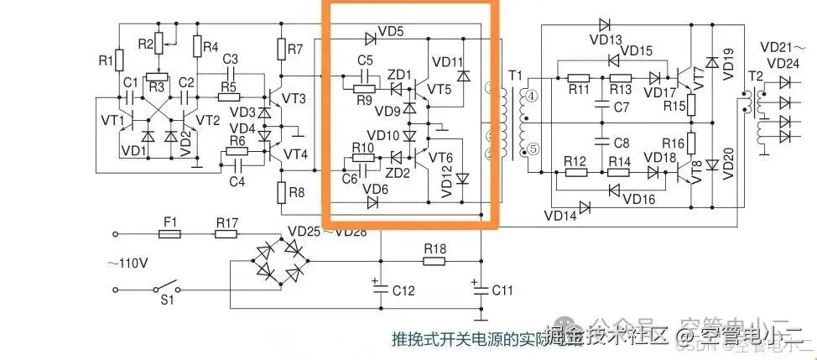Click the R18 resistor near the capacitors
pos(434,261)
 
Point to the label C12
pos(403,290)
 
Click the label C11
pos(502,290)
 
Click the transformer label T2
pos(755,76)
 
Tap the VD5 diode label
pos(391,33)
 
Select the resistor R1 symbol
pos(118,60)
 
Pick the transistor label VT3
pos(294,98)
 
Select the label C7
pos(621,107)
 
